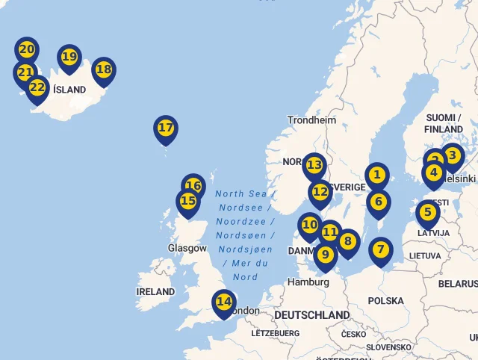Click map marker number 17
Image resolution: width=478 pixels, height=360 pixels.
pyautogui.click(x=165, y=128)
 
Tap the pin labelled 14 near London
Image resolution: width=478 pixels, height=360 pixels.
pyautogui.click(x=223, y=302)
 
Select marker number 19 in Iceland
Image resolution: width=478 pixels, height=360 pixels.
pyautogui.click(x=69, y=57)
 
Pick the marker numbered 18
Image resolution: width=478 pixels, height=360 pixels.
pyautogui.click(x=104, y=70)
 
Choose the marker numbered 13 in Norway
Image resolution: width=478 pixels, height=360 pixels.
pyautogui.click(x=314, y=165)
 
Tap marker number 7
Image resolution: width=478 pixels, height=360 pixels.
pyautogui.click(x=380, y=249)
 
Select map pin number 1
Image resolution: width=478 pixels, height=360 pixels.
pyautogui.click(x=377, y=176)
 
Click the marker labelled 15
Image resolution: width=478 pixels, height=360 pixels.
pyautogui.click(x=188, y=202)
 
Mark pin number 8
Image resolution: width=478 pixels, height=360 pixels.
pyautogui.click(x=347, y=241)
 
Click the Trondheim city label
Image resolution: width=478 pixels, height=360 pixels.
pyautogui.click(x=312, y=120)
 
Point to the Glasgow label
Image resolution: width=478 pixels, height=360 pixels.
pyautogui.click(x=187, y=248)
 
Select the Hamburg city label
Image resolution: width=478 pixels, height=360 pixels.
pyautogui.click(x=308, y=282)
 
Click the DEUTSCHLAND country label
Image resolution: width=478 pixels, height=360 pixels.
pyautogui.click(x=311, y=314)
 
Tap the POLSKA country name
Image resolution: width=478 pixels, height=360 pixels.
pyautogui.click(x=385, y=300)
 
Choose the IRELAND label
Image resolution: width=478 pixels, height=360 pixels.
pyautogui.click(x=155, y=291)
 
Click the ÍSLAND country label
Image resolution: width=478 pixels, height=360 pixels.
pyautogui.click(x=69, y=90)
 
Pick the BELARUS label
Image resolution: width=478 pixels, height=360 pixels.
pyautogui.click(x=457, y=284)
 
